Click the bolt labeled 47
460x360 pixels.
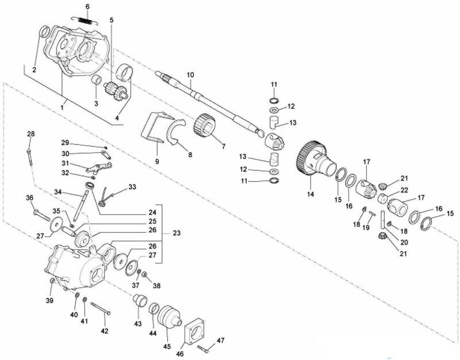click(205, 347)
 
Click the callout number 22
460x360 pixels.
click(404, 190)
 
